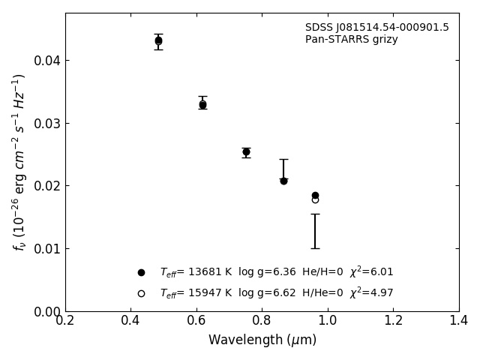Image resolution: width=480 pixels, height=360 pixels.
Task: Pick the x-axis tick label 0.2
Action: (65, 321)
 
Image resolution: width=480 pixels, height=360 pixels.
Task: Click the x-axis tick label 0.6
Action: (196, 321)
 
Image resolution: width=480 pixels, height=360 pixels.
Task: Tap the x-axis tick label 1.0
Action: (328, 321)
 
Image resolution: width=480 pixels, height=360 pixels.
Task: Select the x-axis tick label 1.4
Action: (459, 321)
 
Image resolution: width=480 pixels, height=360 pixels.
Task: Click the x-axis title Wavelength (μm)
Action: (262, 340)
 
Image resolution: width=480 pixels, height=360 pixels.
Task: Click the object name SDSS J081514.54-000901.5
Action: (376, 28)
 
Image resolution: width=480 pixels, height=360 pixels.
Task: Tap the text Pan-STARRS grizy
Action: (351, 40)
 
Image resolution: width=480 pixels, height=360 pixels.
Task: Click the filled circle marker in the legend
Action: (141, 272)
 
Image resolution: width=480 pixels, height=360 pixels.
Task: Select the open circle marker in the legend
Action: (141, 293)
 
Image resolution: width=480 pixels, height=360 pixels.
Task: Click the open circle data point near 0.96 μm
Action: (315, 199)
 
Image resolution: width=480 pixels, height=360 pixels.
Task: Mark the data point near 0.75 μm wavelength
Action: (246, 151)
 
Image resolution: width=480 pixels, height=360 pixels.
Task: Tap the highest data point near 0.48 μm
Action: (158, 40)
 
